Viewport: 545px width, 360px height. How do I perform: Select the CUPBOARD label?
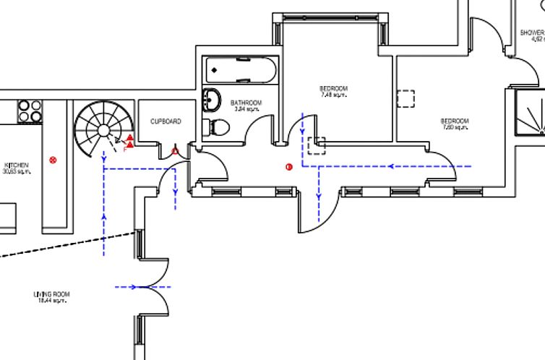[166, 121]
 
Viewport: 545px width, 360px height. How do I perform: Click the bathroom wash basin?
[213, 99]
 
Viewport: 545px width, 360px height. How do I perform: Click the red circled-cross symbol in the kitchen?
[53, 160]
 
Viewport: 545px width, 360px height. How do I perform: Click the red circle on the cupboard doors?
[175, 151]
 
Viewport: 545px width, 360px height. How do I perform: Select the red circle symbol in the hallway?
[289, 167]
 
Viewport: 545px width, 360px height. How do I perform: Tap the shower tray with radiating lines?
[530, 113]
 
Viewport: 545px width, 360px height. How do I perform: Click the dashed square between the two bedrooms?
[406, 99]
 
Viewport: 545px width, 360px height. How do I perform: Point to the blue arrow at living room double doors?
[134, 287]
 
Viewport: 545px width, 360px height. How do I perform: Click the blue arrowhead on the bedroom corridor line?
[392, 166]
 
